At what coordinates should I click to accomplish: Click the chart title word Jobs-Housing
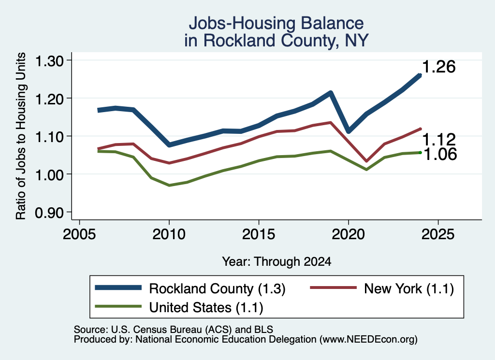click(x=242, y=23)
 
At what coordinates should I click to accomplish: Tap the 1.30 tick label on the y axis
click(x=49, y=61)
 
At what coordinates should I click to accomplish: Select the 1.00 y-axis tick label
click(x=49, y=175)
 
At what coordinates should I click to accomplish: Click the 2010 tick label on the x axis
click(x=169, y=234)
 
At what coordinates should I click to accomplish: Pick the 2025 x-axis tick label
click(x=438, y=234)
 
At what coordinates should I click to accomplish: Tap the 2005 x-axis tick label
click(x=79, y=234)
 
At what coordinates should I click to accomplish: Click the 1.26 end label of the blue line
click(x=438, y=67)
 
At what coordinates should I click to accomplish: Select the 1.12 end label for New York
click(x=439, y=140)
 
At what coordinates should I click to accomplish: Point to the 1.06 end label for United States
click(x=440, y=154)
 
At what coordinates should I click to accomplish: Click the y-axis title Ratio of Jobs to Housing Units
click(x=21, y=136)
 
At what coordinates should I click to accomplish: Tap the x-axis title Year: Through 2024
click(x=277, y=261)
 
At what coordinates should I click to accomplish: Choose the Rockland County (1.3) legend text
click(x=217, y=288)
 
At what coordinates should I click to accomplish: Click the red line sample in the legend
click(x=334, y=288)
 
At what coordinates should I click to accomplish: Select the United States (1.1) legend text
click(x=206, y=307)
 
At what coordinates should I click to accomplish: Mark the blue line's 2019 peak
click(x=331, y=93)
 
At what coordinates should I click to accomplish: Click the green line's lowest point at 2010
click(x=169, y=185)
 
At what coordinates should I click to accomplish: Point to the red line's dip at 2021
click(x=366, y=161)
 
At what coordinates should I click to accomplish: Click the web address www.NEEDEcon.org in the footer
click(x=368, y=340)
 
